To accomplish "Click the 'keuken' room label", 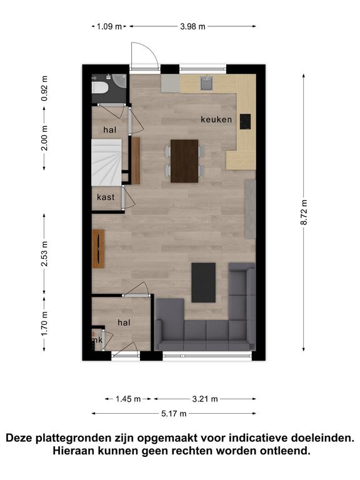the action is tap(216, 119).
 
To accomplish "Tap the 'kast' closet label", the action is tap(106, 197).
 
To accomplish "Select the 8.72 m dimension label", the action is tap(304, 212).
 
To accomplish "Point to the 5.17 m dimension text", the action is tap(174, 414).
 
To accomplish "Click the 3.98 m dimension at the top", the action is tap(192, 26).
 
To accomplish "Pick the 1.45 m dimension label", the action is tap(128, 399).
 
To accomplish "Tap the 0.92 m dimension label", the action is tap(45, 89).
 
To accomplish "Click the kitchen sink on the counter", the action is tap(207, 83).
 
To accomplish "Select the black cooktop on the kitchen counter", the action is tap(245, 121).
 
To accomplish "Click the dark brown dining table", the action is tap(184, 161).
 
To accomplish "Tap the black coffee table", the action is tap(204, 282).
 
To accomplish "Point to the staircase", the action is tap(107, 162).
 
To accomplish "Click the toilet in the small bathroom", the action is tap(99, 87).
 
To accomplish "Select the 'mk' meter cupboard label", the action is tap(97, 340).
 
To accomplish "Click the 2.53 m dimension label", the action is tap(45, 254).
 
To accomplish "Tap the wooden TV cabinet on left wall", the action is tap(98, 249).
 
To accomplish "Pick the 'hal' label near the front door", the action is tap(124, 322).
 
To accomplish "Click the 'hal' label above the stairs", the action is tap(109, 130).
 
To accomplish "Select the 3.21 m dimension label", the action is tap(205, 399).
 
